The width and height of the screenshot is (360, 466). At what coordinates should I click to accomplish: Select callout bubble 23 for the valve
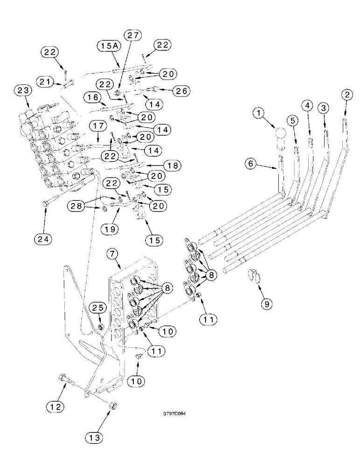23,90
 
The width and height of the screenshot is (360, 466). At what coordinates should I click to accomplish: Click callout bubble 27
132,36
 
